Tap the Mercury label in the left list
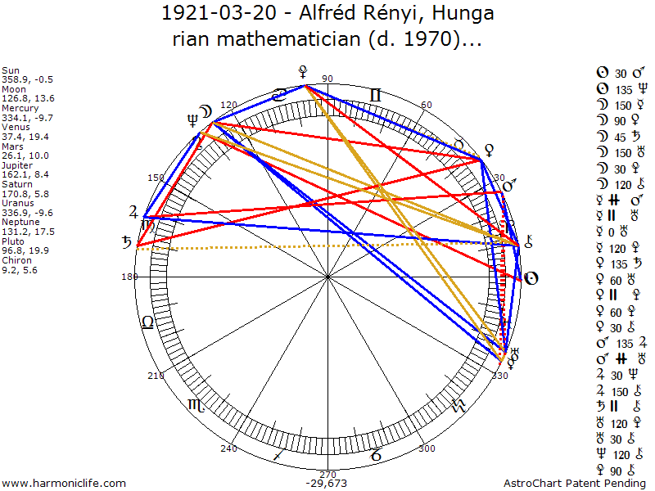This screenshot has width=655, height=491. click(20, 107)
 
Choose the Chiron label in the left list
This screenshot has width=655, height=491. click(18, 259)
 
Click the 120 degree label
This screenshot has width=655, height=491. click(228, 105)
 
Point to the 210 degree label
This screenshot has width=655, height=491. click(154, 376)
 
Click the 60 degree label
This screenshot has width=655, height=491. click(427, 105)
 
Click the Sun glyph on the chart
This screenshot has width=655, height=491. click(531, 278)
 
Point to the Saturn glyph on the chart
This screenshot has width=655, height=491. click(127, 242)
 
